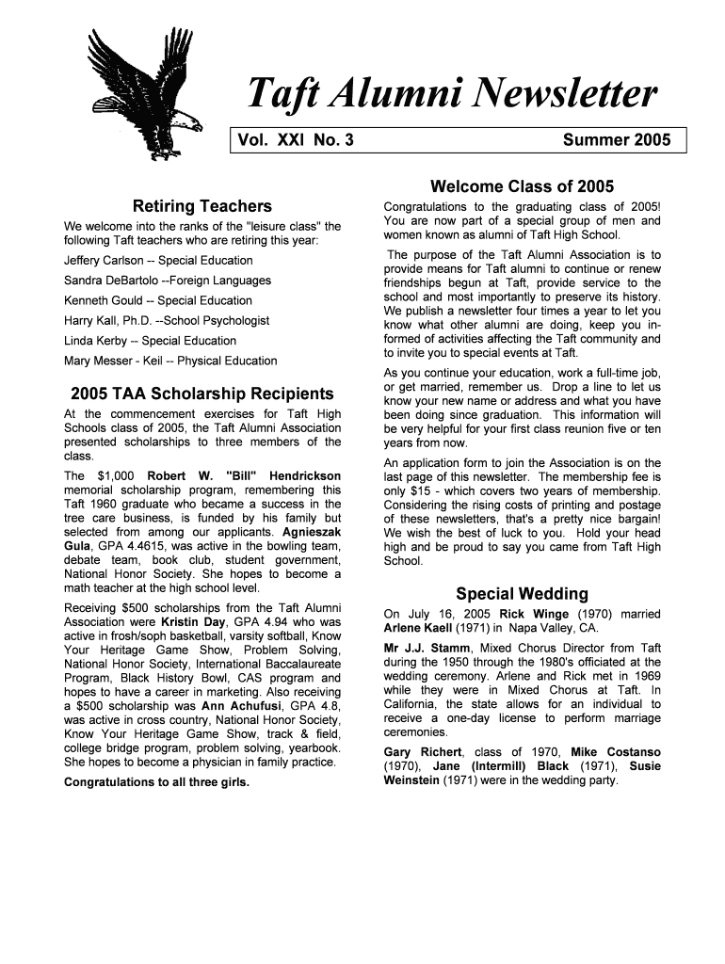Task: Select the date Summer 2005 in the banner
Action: [617, 141]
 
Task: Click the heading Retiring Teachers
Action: [202, 205]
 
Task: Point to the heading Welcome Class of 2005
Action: [522, 185]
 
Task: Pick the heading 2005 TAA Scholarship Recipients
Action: [196, 394]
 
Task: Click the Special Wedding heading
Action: [522, 594]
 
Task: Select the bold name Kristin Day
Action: [192, 622]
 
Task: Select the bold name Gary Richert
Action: [423, 752]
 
